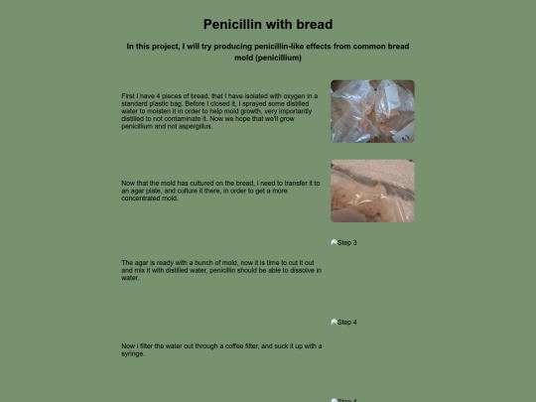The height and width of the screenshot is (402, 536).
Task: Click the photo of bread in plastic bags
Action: click(372, 111)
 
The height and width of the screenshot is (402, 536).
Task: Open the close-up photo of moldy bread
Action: click(372, 191)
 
